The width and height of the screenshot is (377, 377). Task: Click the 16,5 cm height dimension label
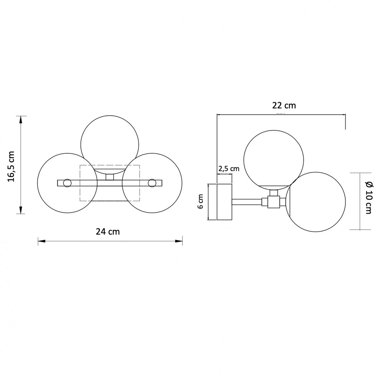(x=11, y=166)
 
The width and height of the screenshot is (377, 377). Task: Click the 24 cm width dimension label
(x=108, y=232)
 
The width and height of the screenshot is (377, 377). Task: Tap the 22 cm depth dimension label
(x=284, y=106)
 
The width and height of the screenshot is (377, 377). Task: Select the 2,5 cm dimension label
(x=229, y=168)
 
